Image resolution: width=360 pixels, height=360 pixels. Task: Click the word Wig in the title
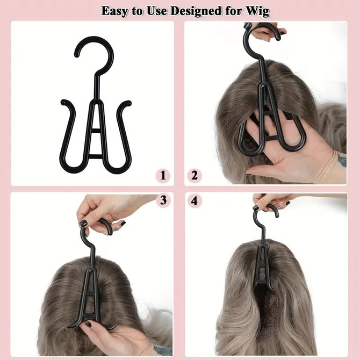pos(256,11)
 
